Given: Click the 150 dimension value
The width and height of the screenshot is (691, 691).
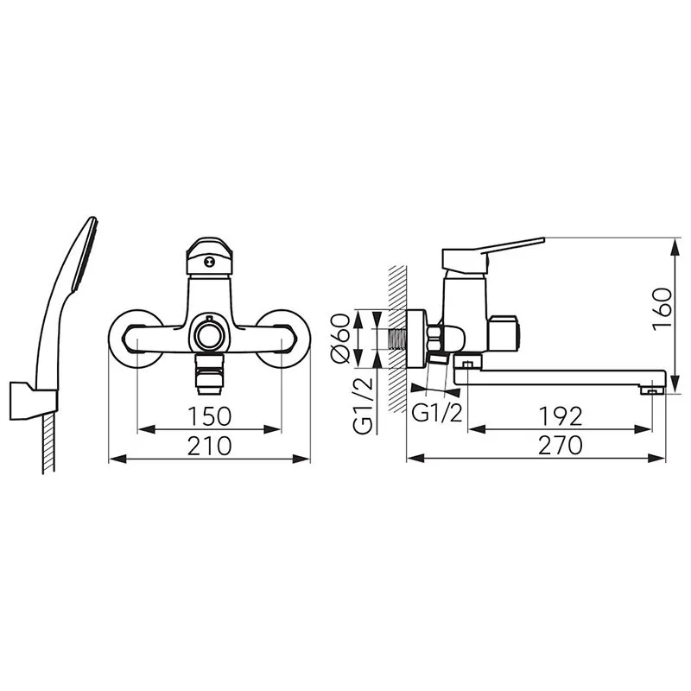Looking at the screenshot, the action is (x=209, y=416).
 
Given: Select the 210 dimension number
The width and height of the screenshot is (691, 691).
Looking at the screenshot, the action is (x=209, y=446).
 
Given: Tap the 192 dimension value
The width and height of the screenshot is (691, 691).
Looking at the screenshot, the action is (x=561, y=416).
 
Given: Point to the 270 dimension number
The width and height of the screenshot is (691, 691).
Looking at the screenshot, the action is (x=560, y=446).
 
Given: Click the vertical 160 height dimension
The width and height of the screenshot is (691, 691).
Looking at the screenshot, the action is (x=662, y=307).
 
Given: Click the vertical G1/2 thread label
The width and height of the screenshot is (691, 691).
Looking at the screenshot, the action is (x=363, y=406).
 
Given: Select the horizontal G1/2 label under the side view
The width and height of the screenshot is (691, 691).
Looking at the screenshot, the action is (x=437, y=413).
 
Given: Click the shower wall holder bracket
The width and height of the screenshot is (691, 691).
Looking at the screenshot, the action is (x=33, y=401).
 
